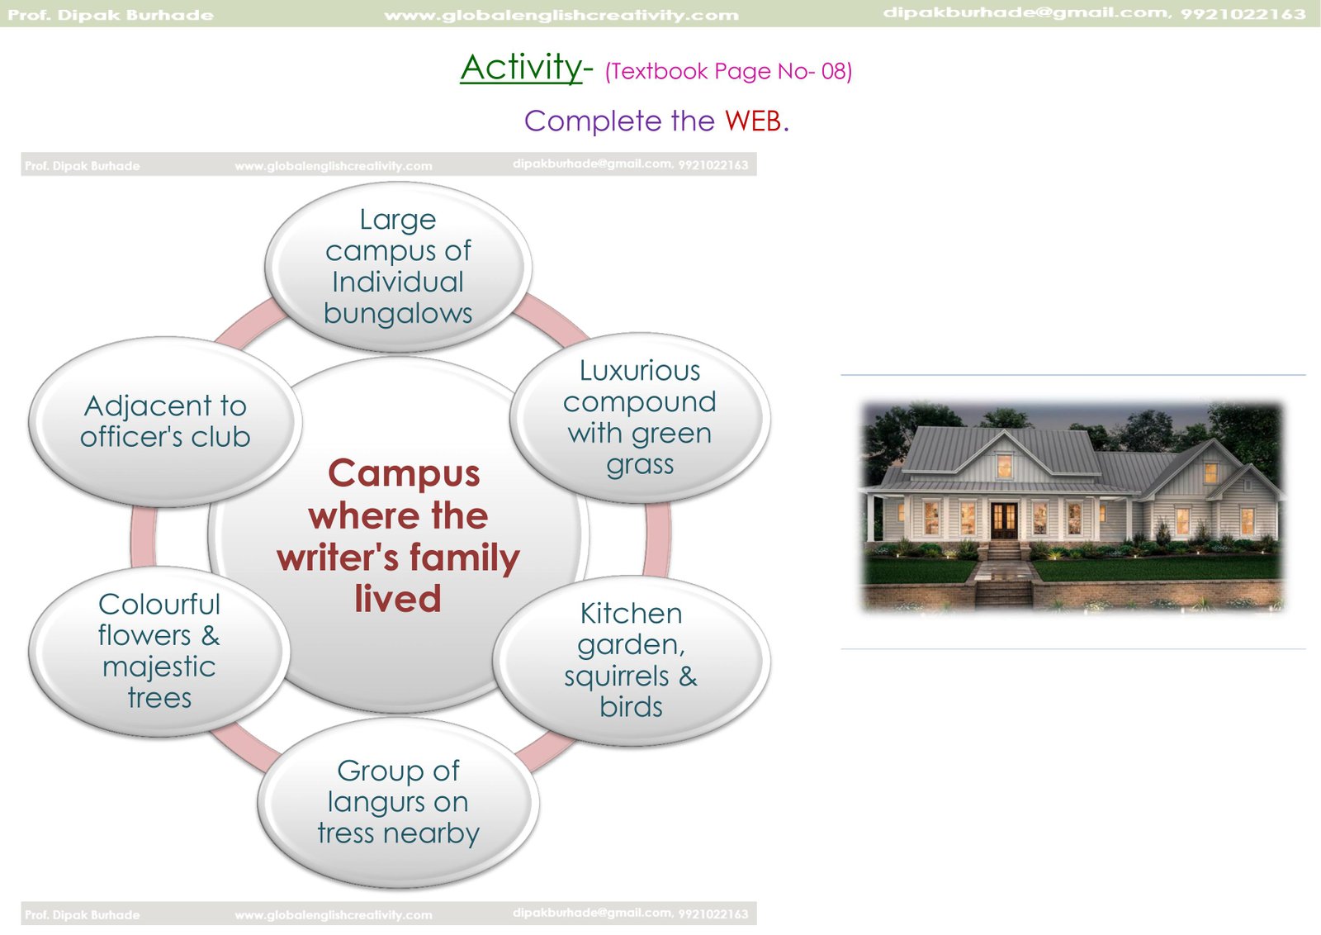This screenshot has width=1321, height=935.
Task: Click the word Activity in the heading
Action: [x=521, y=68]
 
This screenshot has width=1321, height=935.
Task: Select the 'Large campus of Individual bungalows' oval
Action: [x=398, y=267]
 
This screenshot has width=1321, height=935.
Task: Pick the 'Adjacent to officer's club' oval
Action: [x=165, y=421]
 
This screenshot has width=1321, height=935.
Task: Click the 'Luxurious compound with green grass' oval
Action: [x=640, y=418]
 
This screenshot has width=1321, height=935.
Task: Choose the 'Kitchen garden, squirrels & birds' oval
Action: [x=631, y=661]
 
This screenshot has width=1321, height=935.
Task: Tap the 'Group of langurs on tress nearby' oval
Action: [x=398, y=802]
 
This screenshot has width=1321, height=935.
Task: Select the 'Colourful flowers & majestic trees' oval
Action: [x=159, y=651]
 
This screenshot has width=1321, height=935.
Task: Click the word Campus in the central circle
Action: [x=404, y=473]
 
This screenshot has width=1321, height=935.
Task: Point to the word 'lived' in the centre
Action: [x=398, y=599]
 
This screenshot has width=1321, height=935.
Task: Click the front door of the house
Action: [x=1003, y=520]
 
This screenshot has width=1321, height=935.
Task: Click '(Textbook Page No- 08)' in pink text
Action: [x=728, y=71]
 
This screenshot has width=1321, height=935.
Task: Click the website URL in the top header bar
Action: [x=561, y=15]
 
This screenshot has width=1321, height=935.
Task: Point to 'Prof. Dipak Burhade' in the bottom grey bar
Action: [x=83, y=915]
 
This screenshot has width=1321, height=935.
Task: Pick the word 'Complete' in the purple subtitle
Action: [x=593, y=121]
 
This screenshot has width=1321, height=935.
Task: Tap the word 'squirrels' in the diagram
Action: [x=616, y=676]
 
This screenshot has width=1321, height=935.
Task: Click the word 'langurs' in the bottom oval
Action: [x=376, y=803]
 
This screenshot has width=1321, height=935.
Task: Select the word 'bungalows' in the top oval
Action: [x=398, y=313]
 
